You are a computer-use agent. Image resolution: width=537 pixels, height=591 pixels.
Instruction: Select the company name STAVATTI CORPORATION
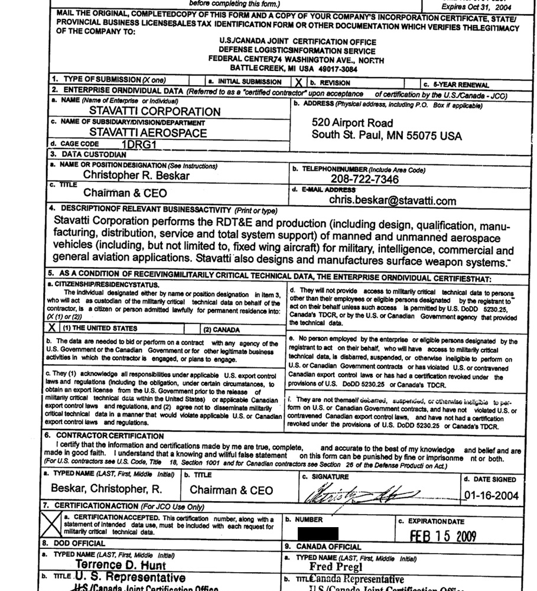[x=155, y=111]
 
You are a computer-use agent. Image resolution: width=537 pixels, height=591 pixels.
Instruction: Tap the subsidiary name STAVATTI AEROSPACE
[x=148, y=133]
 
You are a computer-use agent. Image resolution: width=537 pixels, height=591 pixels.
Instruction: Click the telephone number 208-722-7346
[x=364, y=180]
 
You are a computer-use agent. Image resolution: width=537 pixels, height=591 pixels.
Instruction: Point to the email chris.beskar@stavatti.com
[x=393, y=201]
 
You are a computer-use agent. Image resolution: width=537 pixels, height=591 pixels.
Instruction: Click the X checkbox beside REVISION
[x=299, y=83]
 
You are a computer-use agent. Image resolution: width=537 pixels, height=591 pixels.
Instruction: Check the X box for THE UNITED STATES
[x=53, y=328]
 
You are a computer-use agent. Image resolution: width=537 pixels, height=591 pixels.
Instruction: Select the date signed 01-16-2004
[x=491, y=495]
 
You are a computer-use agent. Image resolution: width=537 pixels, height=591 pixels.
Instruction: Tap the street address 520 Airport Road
[x=352, y=123]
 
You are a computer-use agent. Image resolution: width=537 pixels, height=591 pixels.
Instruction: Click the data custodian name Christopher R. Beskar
[x=137, y=175]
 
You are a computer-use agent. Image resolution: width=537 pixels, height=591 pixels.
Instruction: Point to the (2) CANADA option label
[x=222, y=329]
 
